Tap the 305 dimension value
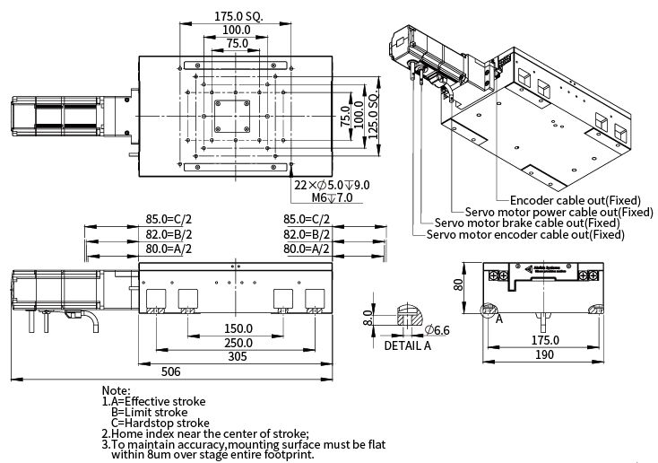[x=237, y=357]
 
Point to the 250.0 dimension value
[x=237, y=343]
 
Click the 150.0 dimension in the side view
[x=237, y=328]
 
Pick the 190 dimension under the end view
[x=544, y=356]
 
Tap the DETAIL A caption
[x=408, y=345]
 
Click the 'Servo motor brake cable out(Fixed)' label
[x=527, y=223]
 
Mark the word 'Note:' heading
[x=117, y=390]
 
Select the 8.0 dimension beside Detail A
[x=367, y=318]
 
